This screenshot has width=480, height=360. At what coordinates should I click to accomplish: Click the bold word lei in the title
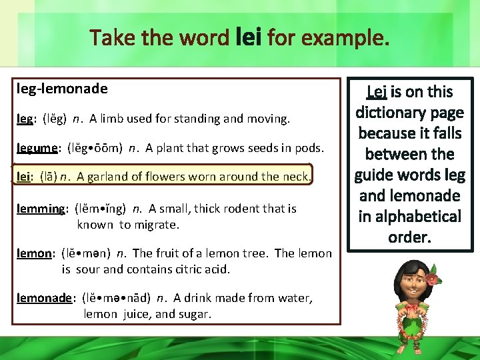[249, 37]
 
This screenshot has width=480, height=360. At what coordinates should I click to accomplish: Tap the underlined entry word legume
[39, 148]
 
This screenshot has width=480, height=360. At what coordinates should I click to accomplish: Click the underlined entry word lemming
[41, 209]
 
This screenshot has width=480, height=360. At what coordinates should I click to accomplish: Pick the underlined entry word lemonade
[44, 298]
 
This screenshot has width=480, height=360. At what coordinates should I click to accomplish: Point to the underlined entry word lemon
[34, 253]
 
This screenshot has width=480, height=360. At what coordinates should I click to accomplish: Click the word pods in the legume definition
[310, 148]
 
